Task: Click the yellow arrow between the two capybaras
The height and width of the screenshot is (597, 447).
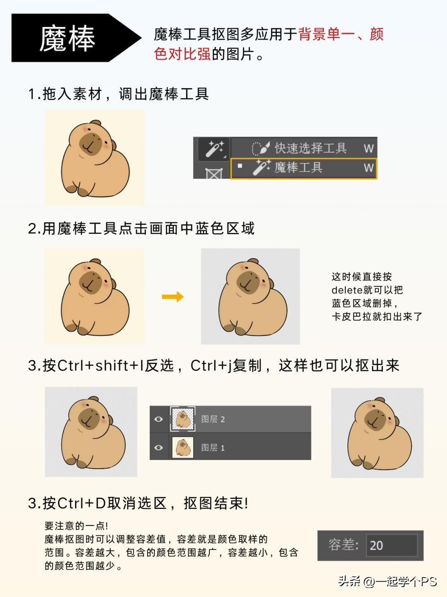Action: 173,297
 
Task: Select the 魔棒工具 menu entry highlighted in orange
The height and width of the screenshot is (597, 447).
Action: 304,168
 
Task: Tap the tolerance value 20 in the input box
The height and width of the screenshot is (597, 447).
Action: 376,545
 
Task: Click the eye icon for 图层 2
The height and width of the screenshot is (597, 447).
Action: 159,419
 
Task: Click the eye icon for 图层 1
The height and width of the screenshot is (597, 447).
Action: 159,447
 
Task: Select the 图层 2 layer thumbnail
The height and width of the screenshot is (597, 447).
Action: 183,419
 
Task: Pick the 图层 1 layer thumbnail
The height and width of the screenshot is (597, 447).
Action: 183,447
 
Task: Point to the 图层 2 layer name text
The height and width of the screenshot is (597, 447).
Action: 213,419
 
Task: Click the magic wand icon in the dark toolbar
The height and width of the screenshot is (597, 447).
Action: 215,149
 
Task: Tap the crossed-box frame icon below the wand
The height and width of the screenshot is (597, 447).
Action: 214,173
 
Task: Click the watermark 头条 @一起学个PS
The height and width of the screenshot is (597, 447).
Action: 387,581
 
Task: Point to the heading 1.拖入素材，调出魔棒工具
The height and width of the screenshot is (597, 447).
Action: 119,94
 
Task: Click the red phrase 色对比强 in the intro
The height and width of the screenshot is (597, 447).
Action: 182,53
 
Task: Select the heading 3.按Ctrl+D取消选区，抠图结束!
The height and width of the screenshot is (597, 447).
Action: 138,503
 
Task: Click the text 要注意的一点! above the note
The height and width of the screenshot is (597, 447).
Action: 76,526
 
